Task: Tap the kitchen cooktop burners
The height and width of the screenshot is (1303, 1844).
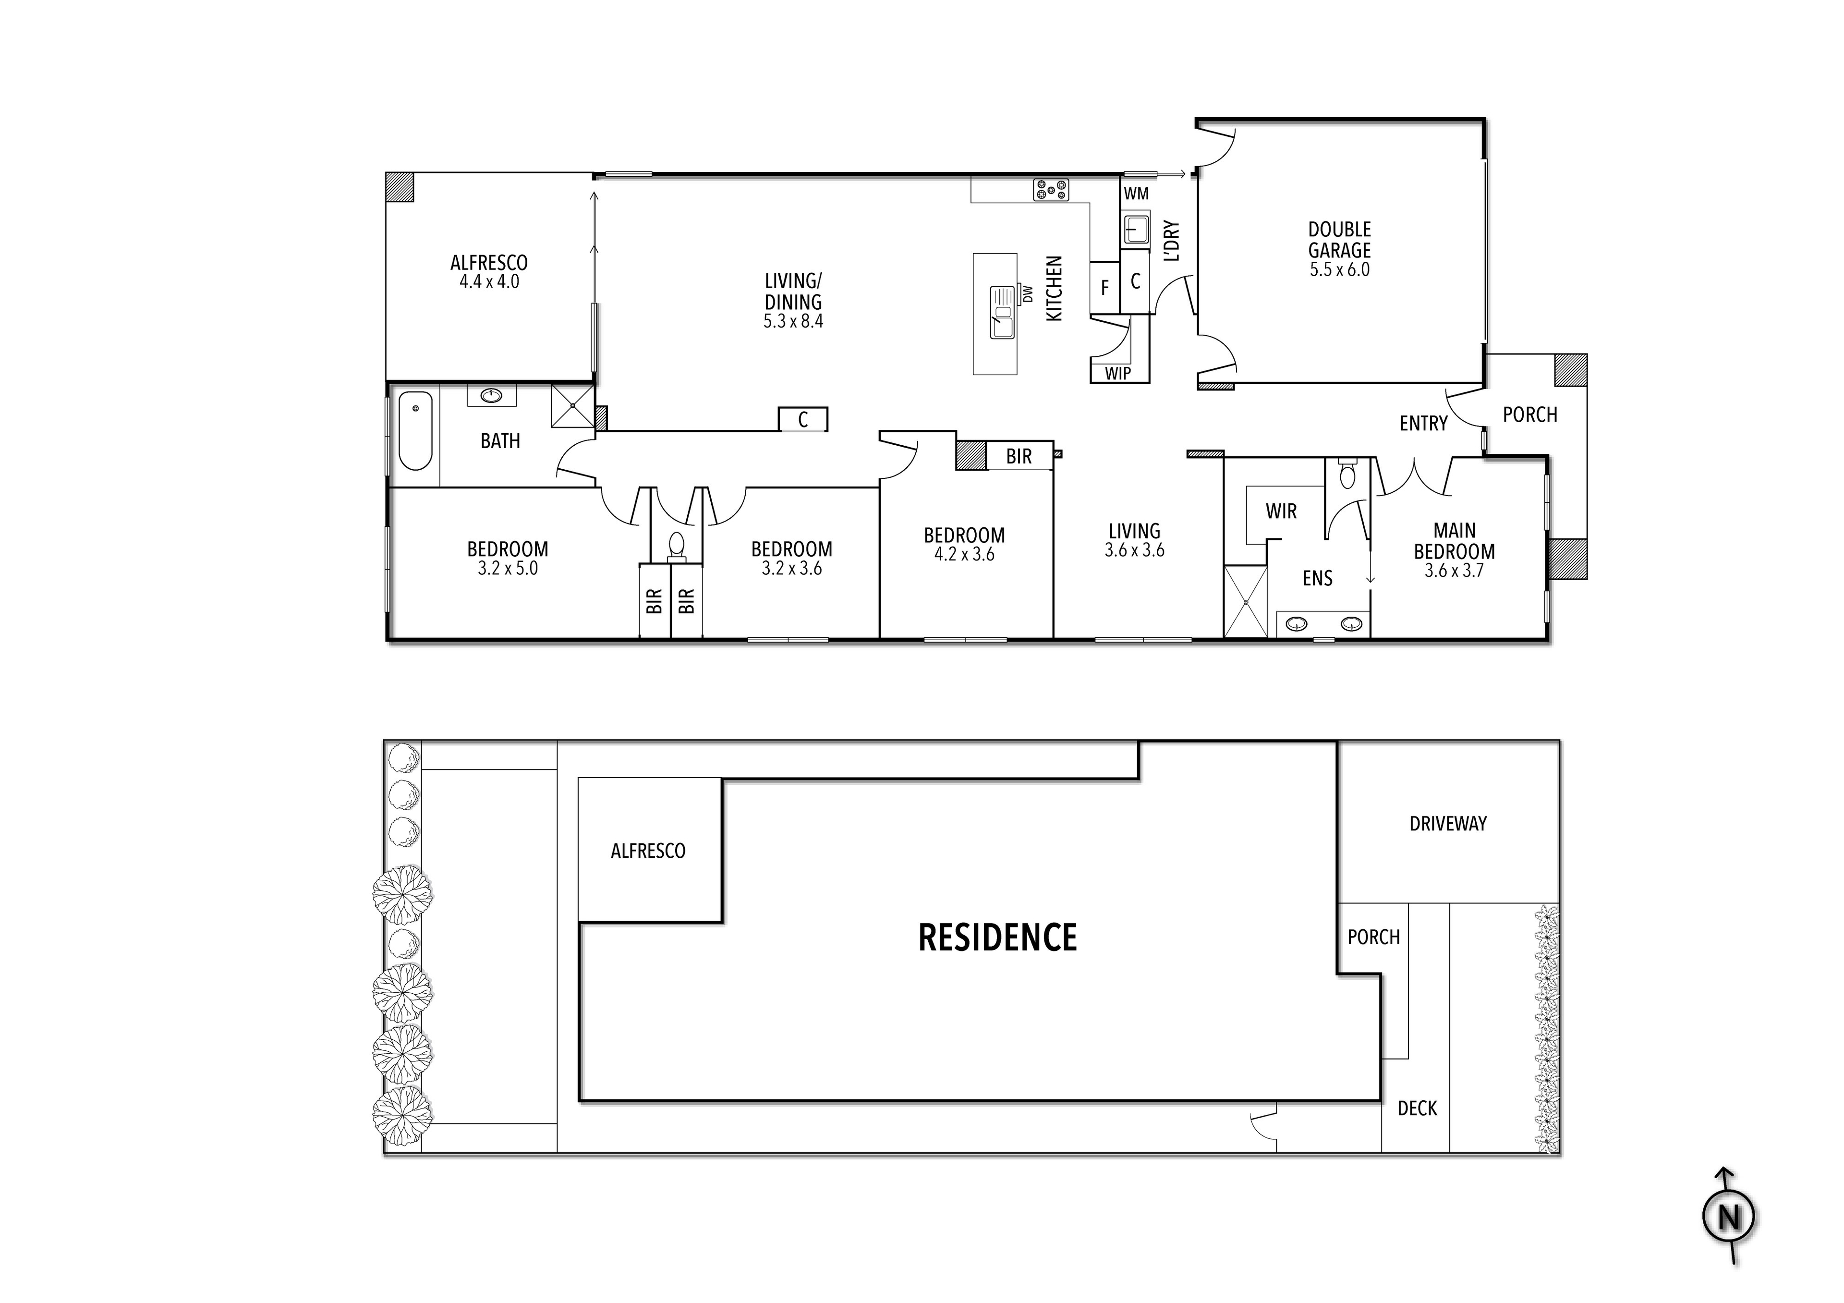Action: tap(1051, 190)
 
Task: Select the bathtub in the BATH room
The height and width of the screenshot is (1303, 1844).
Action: tap(415, 431)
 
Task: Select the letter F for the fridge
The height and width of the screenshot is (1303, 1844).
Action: tap(1104, 288)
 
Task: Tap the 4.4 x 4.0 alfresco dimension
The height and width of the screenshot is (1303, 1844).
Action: tap(489, 282)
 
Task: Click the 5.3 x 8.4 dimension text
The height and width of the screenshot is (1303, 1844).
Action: tap(793, 321)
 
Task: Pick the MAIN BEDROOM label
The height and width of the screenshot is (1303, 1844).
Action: tap(1455, 541)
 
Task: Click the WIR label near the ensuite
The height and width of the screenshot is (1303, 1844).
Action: tap(1281, 511)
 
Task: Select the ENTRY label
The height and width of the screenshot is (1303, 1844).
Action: tap(1423, 423)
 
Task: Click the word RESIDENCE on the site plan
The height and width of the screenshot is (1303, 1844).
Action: tap(997, 938)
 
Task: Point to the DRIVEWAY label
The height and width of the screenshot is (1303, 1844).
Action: tap(1448, 823)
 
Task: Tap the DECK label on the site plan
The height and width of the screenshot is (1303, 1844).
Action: tap(1418, 1108)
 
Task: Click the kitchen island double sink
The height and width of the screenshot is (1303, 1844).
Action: tap(1002, 312)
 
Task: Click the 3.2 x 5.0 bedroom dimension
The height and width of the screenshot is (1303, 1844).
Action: tap(508, 569)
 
